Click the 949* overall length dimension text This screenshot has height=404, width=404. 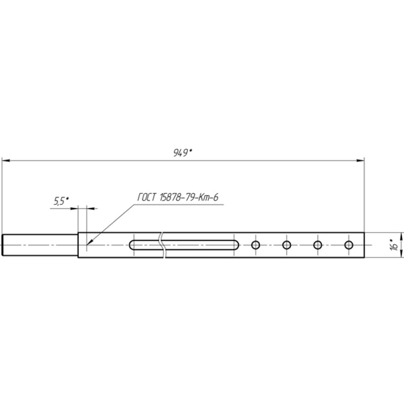tap(183, 153)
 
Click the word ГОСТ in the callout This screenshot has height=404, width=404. tap(147, 198)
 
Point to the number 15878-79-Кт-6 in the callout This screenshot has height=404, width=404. tap(189, 198)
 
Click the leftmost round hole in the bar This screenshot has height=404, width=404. tap(255, 245)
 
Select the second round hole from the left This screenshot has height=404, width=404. tap(286, 245)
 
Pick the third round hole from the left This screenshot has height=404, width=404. tap(318, 245)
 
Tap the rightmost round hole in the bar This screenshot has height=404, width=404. tap(349, 245)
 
